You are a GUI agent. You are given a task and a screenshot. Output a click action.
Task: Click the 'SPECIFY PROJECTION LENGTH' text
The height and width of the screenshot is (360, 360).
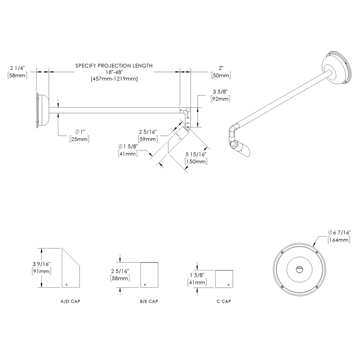point(114,66)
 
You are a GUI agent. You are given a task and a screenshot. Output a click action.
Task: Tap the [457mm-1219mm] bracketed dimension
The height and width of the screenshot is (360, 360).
point(114,78)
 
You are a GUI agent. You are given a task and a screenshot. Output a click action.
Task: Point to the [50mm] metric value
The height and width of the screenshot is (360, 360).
point(221,75)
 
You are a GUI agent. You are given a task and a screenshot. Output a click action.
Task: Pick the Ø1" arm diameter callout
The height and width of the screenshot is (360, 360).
point(79,132)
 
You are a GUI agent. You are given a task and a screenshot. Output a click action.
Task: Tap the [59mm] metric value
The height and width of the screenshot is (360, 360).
point(148,139)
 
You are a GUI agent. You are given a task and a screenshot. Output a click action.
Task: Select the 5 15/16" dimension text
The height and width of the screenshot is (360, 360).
point(196,154)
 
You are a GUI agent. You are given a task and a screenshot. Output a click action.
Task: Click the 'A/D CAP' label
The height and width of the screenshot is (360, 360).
point(70,301)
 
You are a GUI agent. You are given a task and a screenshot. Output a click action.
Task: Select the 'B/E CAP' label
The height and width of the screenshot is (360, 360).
point(149,301)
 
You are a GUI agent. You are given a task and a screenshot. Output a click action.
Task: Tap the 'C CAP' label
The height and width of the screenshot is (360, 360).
point(224,301)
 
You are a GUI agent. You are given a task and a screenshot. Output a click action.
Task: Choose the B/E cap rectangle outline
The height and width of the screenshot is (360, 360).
point(149,275)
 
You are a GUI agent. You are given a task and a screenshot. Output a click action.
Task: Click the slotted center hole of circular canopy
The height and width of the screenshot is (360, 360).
point(299,269)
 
